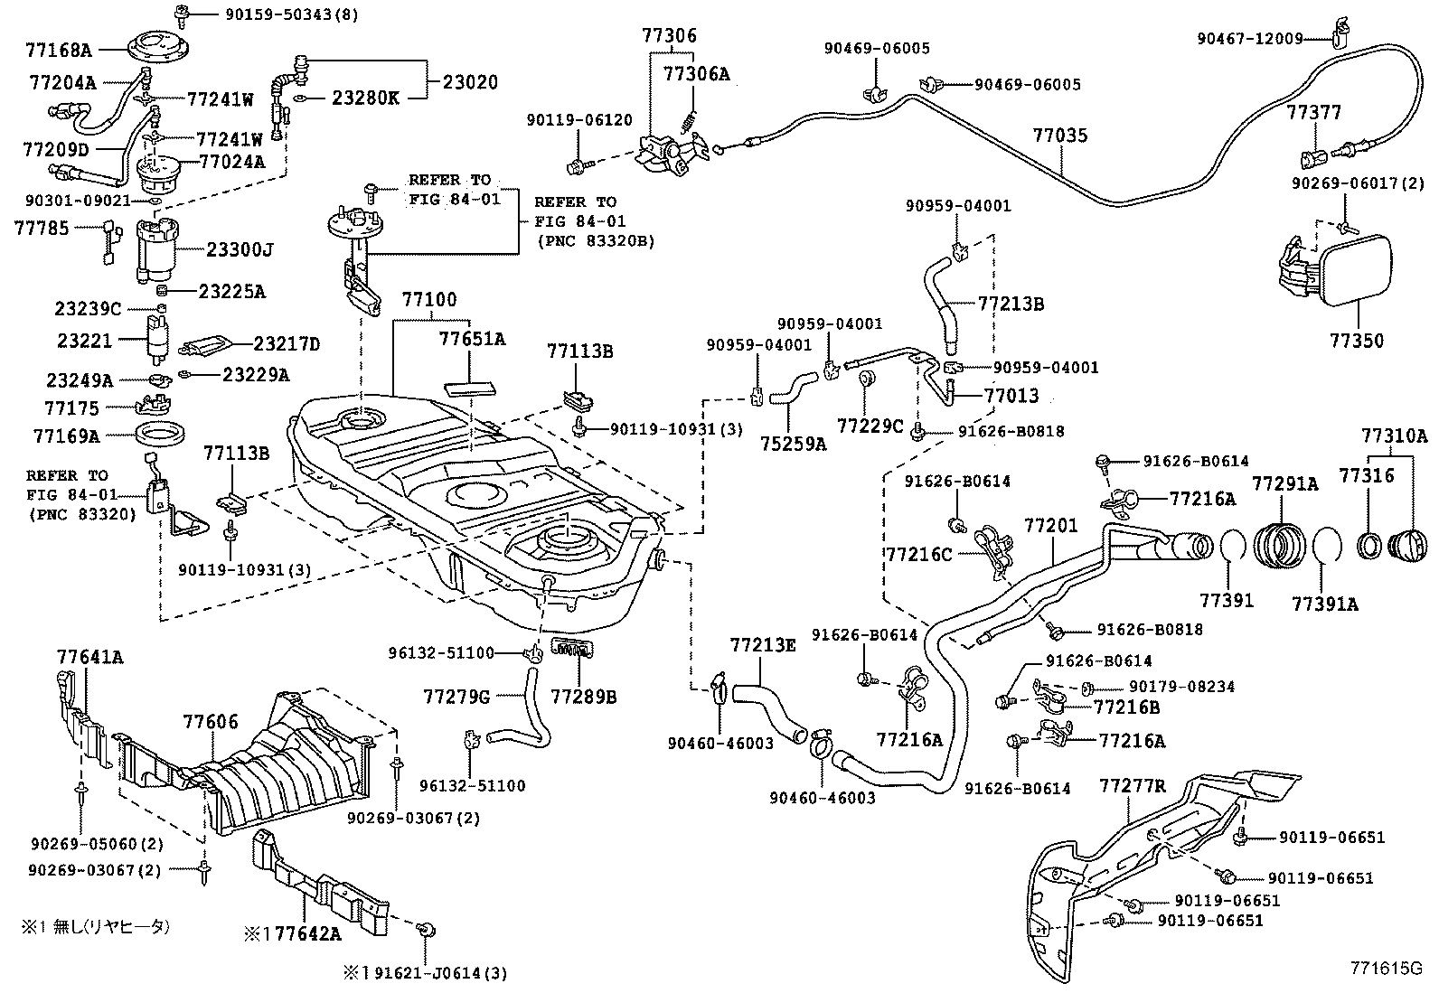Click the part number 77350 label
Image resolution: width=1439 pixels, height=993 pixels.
1357,341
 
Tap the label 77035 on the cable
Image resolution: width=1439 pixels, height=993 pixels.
1060,136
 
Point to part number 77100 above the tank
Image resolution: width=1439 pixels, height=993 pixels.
429,298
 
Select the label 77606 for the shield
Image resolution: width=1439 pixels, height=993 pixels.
211,721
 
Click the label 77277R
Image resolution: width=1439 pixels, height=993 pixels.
1133,786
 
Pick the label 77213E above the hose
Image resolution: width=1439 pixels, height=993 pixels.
763,645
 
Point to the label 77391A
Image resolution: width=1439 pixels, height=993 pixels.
1324,604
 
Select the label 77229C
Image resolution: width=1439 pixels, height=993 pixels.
870,425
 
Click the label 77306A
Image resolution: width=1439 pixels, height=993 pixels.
696,74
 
